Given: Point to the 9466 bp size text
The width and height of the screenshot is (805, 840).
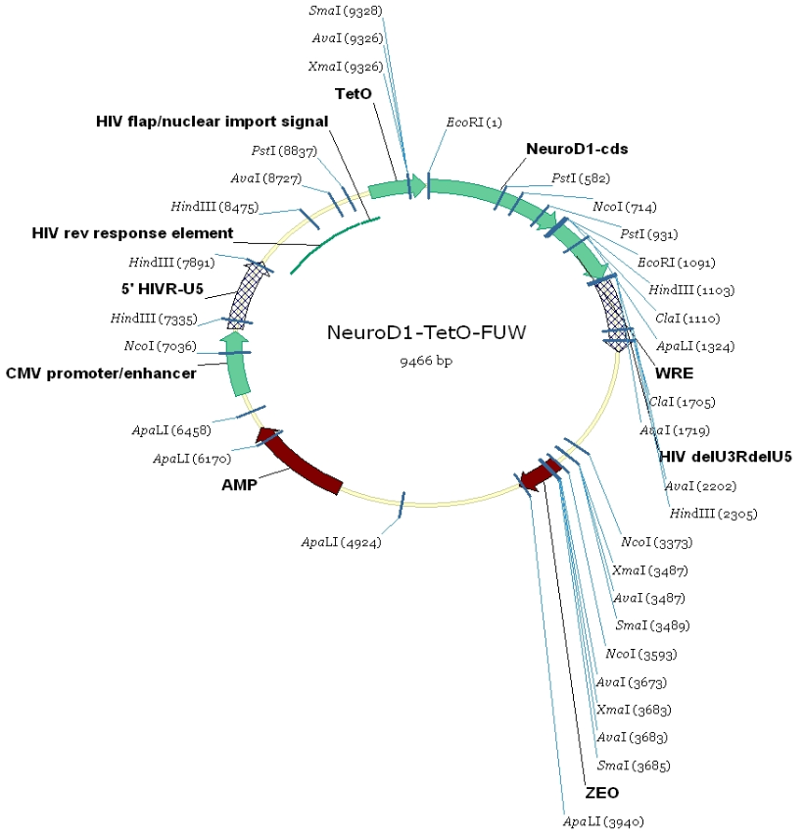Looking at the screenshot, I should pos(426,360).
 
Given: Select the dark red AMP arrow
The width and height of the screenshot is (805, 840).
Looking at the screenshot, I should pos(299,463).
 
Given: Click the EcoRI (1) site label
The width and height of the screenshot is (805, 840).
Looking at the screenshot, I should pos(474,123).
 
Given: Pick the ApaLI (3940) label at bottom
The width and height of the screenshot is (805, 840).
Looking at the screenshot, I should pos(603,820).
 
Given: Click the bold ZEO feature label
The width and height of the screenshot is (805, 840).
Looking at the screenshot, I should pos(601,791).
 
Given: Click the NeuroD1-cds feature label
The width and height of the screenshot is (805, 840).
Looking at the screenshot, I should pos(577,149).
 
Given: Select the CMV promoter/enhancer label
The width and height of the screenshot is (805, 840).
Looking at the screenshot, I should pos(101,372).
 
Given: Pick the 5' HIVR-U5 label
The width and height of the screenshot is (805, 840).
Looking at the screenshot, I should pos(162,290).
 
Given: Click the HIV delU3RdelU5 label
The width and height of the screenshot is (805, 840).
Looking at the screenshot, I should pos(726,456).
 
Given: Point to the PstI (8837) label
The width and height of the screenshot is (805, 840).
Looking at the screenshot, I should pos(279,151).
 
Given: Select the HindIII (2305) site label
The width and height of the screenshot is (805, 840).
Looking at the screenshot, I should pos(713,514).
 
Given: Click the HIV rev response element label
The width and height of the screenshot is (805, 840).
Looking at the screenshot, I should pos(132,233).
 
